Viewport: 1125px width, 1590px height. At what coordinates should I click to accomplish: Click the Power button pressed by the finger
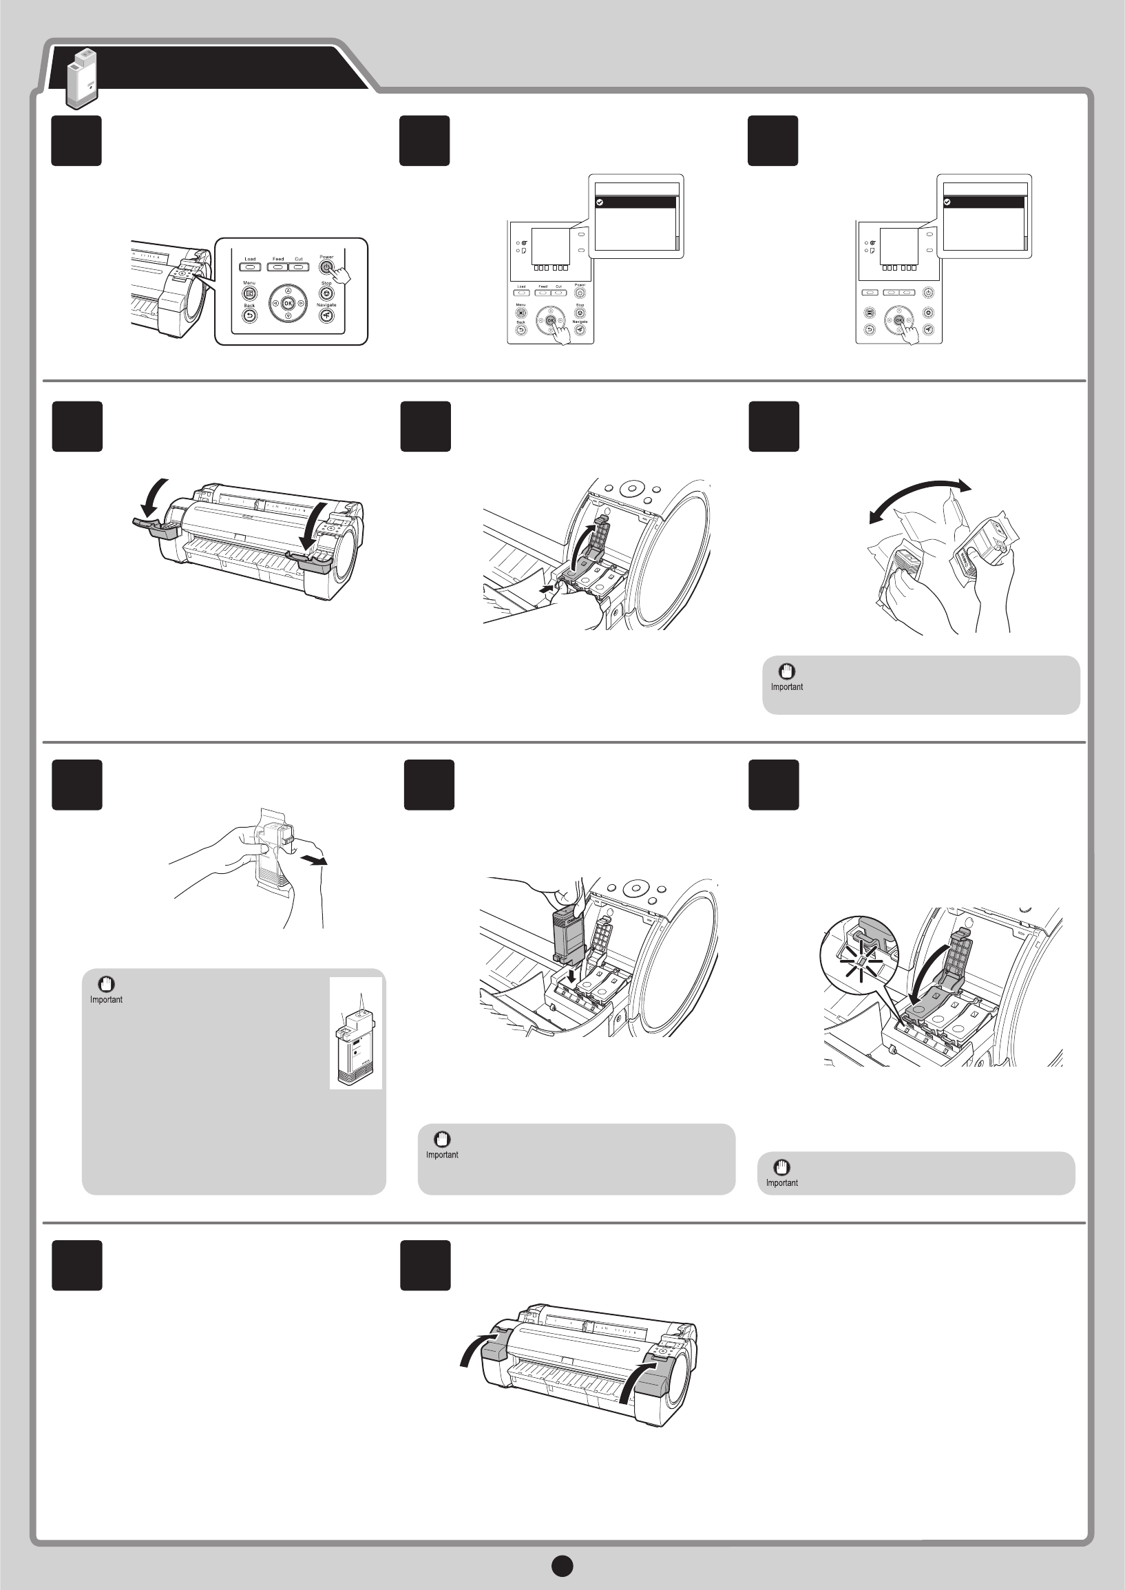click(326, 266)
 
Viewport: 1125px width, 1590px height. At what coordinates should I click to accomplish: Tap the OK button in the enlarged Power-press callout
click(288, 304)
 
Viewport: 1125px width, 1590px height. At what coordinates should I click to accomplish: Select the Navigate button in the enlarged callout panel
click(326, 316)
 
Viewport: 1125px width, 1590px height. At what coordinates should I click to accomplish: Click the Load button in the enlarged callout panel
click(250, 266)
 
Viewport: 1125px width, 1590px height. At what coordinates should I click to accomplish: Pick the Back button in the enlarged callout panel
click(249, 316)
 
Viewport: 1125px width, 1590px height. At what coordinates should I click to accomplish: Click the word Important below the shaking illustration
click(787, 687)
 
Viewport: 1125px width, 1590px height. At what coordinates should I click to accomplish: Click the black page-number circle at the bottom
click(562, 1566)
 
